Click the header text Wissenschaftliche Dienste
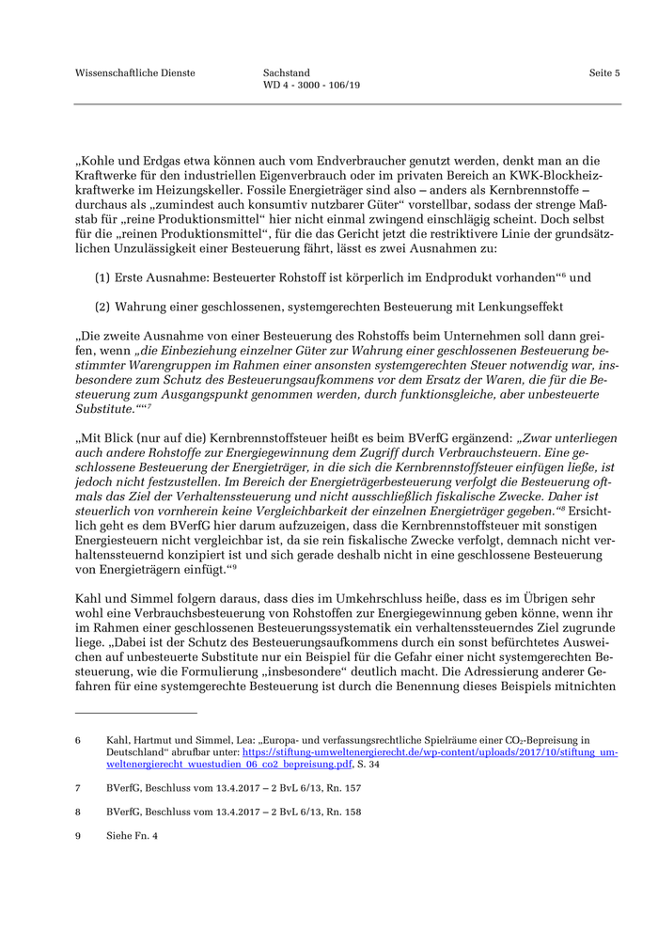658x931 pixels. (135, 72)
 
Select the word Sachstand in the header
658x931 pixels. (287, 72)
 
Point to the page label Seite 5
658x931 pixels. (604, 72)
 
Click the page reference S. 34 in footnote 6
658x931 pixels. (366, 765)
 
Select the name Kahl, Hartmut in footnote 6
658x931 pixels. (141, 741)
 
